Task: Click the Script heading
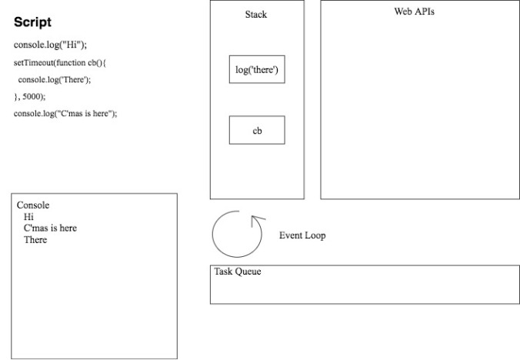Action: (32, 22)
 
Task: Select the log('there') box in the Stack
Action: (257, 69)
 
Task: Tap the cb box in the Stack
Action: (257, 130)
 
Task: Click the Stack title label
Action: (256, 15)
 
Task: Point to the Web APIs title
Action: (414, 12)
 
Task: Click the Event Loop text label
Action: (302, 235)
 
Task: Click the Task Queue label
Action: (238, 272)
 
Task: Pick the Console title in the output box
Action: (33, 205)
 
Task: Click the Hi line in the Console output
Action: (28, 217)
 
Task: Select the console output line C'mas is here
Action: (50, 228)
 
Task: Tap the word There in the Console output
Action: (35, 240)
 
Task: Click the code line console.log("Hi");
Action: (50, 45)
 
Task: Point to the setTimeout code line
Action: (60, 62)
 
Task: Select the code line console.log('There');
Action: (55, 79)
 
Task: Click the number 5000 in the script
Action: (32, 96)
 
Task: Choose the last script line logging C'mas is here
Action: (65, 113)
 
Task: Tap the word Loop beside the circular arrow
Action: (315, 235)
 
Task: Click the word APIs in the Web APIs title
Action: (424, 12)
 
